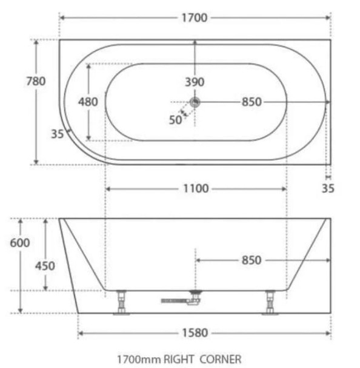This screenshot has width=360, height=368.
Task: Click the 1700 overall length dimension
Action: [195, 18]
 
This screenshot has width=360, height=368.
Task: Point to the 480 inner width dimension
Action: [88, 102]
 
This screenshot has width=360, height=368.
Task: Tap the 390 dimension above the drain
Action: [195, 82]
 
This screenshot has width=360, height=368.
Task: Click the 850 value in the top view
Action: [251, 102]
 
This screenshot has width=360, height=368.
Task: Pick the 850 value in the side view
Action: [251, 260]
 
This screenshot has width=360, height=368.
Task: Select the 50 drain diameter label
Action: [175, 119]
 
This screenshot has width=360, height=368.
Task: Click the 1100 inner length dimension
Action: [195, 189]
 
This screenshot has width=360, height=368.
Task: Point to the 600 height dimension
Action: [20, 242]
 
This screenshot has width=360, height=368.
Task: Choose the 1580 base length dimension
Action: [195, 332]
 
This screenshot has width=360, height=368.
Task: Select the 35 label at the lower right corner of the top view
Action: [328, 188]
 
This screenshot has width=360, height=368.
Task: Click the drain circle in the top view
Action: [195, 102]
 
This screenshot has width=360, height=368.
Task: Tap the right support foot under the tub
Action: [268, 303]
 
